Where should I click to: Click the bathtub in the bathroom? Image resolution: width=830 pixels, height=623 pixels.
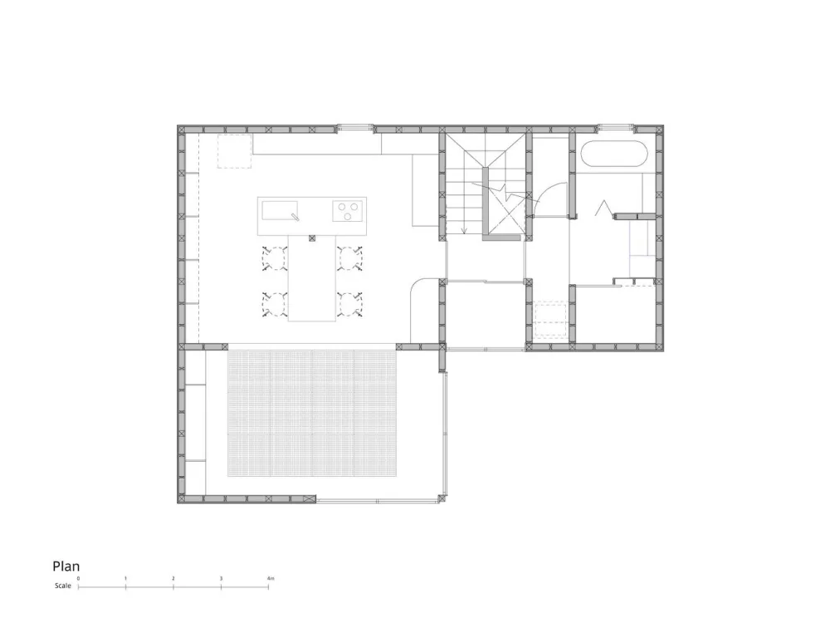click(614, 155)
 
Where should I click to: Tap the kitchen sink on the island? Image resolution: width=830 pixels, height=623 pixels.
click(280, 210)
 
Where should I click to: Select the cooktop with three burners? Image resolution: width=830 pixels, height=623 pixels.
click(348, 211)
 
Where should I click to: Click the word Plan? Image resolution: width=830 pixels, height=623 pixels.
click(66, 567)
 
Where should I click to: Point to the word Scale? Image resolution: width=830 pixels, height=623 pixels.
click(62, 586)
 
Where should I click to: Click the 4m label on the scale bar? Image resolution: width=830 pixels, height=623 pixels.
click(271, 578)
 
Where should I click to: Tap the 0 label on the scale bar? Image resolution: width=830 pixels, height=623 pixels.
click(78, 578)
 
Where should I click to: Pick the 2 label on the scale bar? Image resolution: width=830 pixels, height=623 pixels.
click(173, 578)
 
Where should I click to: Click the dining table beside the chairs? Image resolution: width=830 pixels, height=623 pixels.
click(312, 278)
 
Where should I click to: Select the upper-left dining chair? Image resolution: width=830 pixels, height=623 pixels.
click(274, 258)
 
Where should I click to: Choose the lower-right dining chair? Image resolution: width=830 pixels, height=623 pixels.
click(350, 305)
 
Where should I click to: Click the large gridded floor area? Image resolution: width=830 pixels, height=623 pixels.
click(312, 413)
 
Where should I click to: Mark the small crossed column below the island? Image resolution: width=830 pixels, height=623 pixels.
click(312, 238)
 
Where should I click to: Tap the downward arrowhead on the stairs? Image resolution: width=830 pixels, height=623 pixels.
click(464, 230)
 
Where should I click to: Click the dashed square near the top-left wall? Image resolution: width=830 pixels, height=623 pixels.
click(235, 151)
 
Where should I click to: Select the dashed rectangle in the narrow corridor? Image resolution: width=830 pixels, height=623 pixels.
click(550, 319)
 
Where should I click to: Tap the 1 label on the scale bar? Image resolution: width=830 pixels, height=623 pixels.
click(125, 578)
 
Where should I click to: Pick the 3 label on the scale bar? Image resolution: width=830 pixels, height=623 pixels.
click(221, 578)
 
